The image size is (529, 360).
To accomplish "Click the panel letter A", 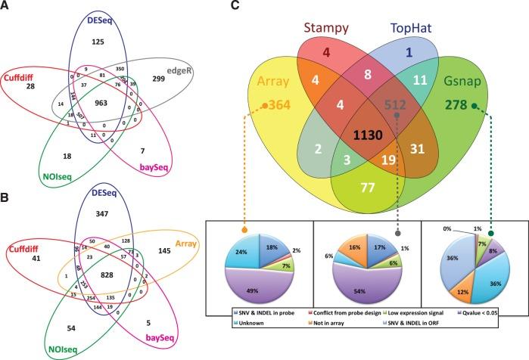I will [x=6, y=7].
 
